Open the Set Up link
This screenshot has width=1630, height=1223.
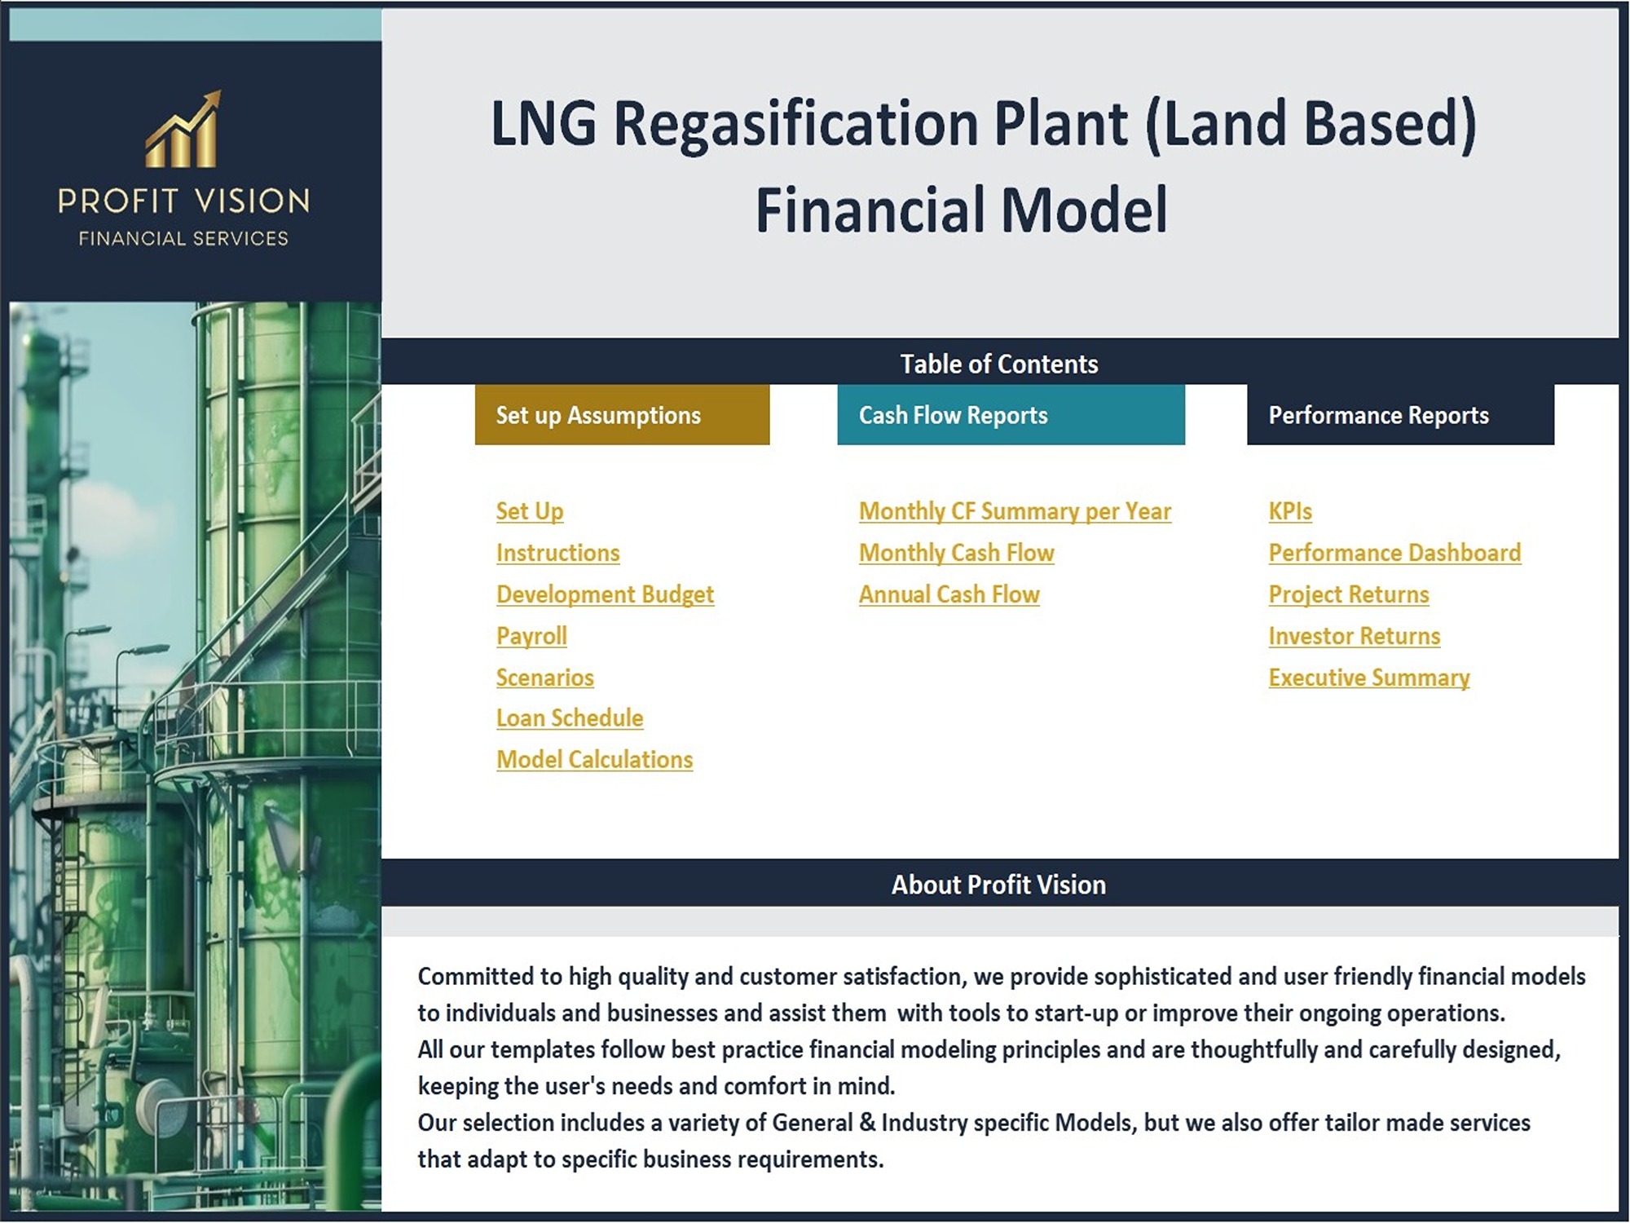pos(530,511)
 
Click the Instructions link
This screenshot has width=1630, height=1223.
pos(558,553)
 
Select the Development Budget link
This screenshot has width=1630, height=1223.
pos(606,594)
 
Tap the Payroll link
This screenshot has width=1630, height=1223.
pos(531,636)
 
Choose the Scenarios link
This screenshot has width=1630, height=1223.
pos(545,678)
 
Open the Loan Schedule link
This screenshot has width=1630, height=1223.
pos(570,717)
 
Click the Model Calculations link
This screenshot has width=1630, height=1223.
pos(595,759)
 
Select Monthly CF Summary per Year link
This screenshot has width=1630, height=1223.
pos(1015,511)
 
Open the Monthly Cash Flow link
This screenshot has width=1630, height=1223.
pos(957,553)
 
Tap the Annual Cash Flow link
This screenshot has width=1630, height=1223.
pos(949,594)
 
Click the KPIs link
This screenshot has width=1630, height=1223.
pos(1290,511)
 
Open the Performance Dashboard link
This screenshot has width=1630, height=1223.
pos(1394,553)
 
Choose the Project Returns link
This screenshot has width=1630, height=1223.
pos(1349,594)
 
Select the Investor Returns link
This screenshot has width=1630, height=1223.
pos(1355,636)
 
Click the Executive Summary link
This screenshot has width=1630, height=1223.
pos(1369,678)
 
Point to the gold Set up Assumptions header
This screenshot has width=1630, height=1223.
pos(623,415)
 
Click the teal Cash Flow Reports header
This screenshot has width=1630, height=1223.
pos(1011,415)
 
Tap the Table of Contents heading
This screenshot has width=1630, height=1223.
pos(999,364)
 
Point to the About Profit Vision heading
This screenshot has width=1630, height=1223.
pos(998,885)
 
